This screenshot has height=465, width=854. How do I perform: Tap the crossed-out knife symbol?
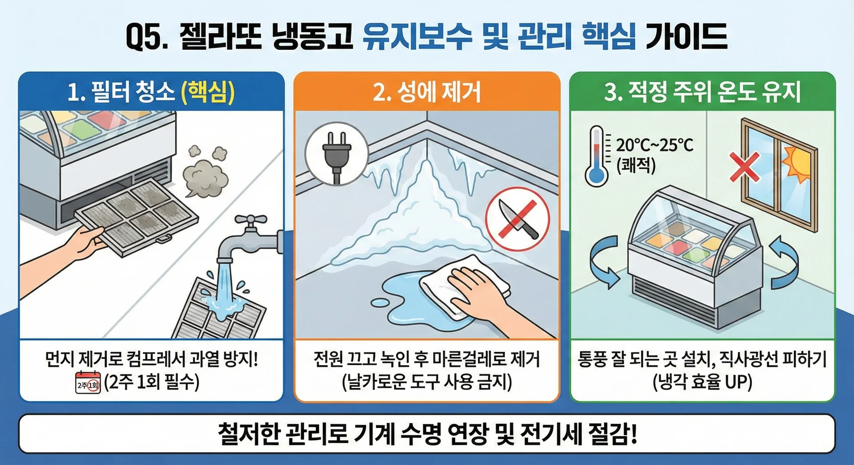pyautogui.click(x=517, y=219)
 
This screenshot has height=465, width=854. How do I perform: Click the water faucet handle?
pyautogui.click(x=251, y=219)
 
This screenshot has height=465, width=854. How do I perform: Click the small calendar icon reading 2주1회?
pyautogui.click(x=88, y=383)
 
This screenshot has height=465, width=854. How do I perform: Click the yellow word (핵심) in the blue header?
pyautogui.click(x=208, y=92)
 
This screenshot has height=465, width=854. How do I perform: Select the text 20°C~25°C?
pyautogui.click(x=654, y=145)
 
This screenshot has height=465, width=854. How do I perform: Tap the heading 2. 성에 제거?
pyautogui.click(x=427, y=92)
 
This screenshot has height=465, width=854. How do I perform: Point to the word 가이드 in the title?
pyautogui.click(x=686, y=36)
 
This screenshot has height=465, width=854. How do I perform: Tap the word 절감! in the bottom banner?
pyautogui.click(x=612, y=433)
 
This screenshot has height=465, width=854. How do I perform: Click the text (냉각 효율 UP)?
pyautogui.click(x=702, y=382)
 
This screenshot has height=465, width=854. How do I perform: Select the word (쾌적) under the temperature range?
pyautogui.click(x=636, y=165)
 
